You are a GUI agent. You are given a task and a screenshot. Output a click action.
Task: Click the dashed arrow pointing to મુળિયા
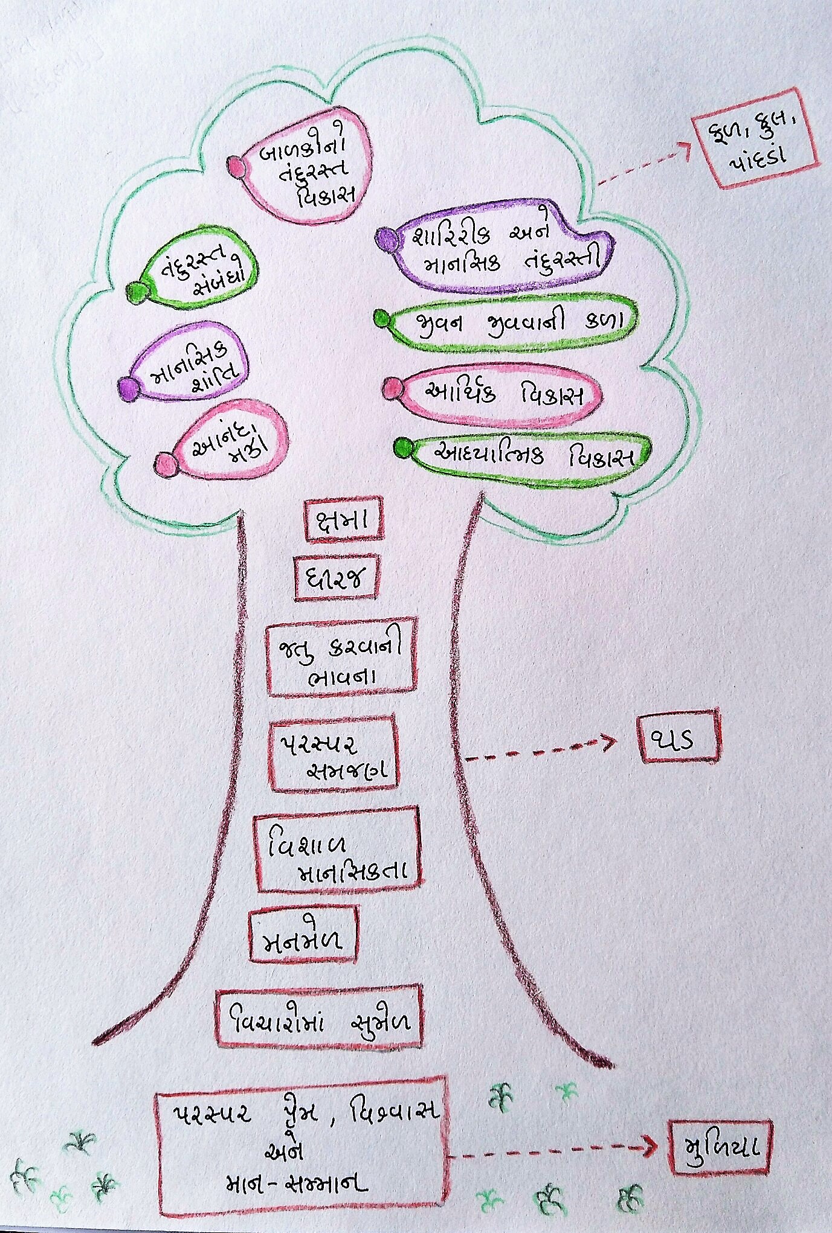click(x=552, y=1150)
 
